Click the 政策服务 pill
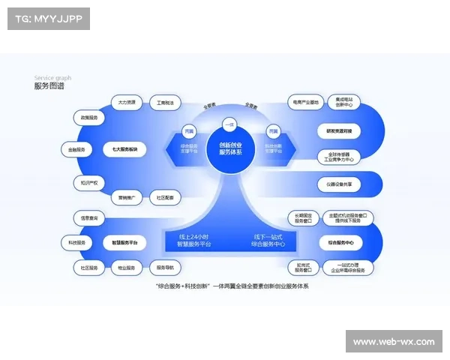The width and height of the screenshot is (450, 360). point(88,118)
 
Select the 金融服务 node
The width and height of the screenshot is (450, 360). point(76,149)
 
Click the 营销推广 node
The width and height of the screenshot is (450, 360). point(125,198)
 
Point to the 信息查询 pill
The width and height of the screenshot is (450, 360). point(88,218)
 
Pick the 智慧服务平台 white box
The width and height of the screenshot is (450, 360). point(124,242)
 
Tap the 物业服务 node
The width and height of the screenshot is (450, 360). point(125,268)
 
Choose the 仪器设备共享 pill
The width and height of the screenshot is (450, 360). point(343,183)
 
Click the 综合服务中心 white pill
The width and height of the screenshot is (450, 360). point(340,242)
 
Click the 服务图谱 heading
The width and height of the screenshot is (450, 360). point(49,86)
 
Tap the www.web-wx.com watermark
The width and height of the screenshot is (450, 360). point(393,342)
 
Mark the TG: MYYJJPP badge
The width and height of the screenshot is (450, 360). point(47,19)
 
